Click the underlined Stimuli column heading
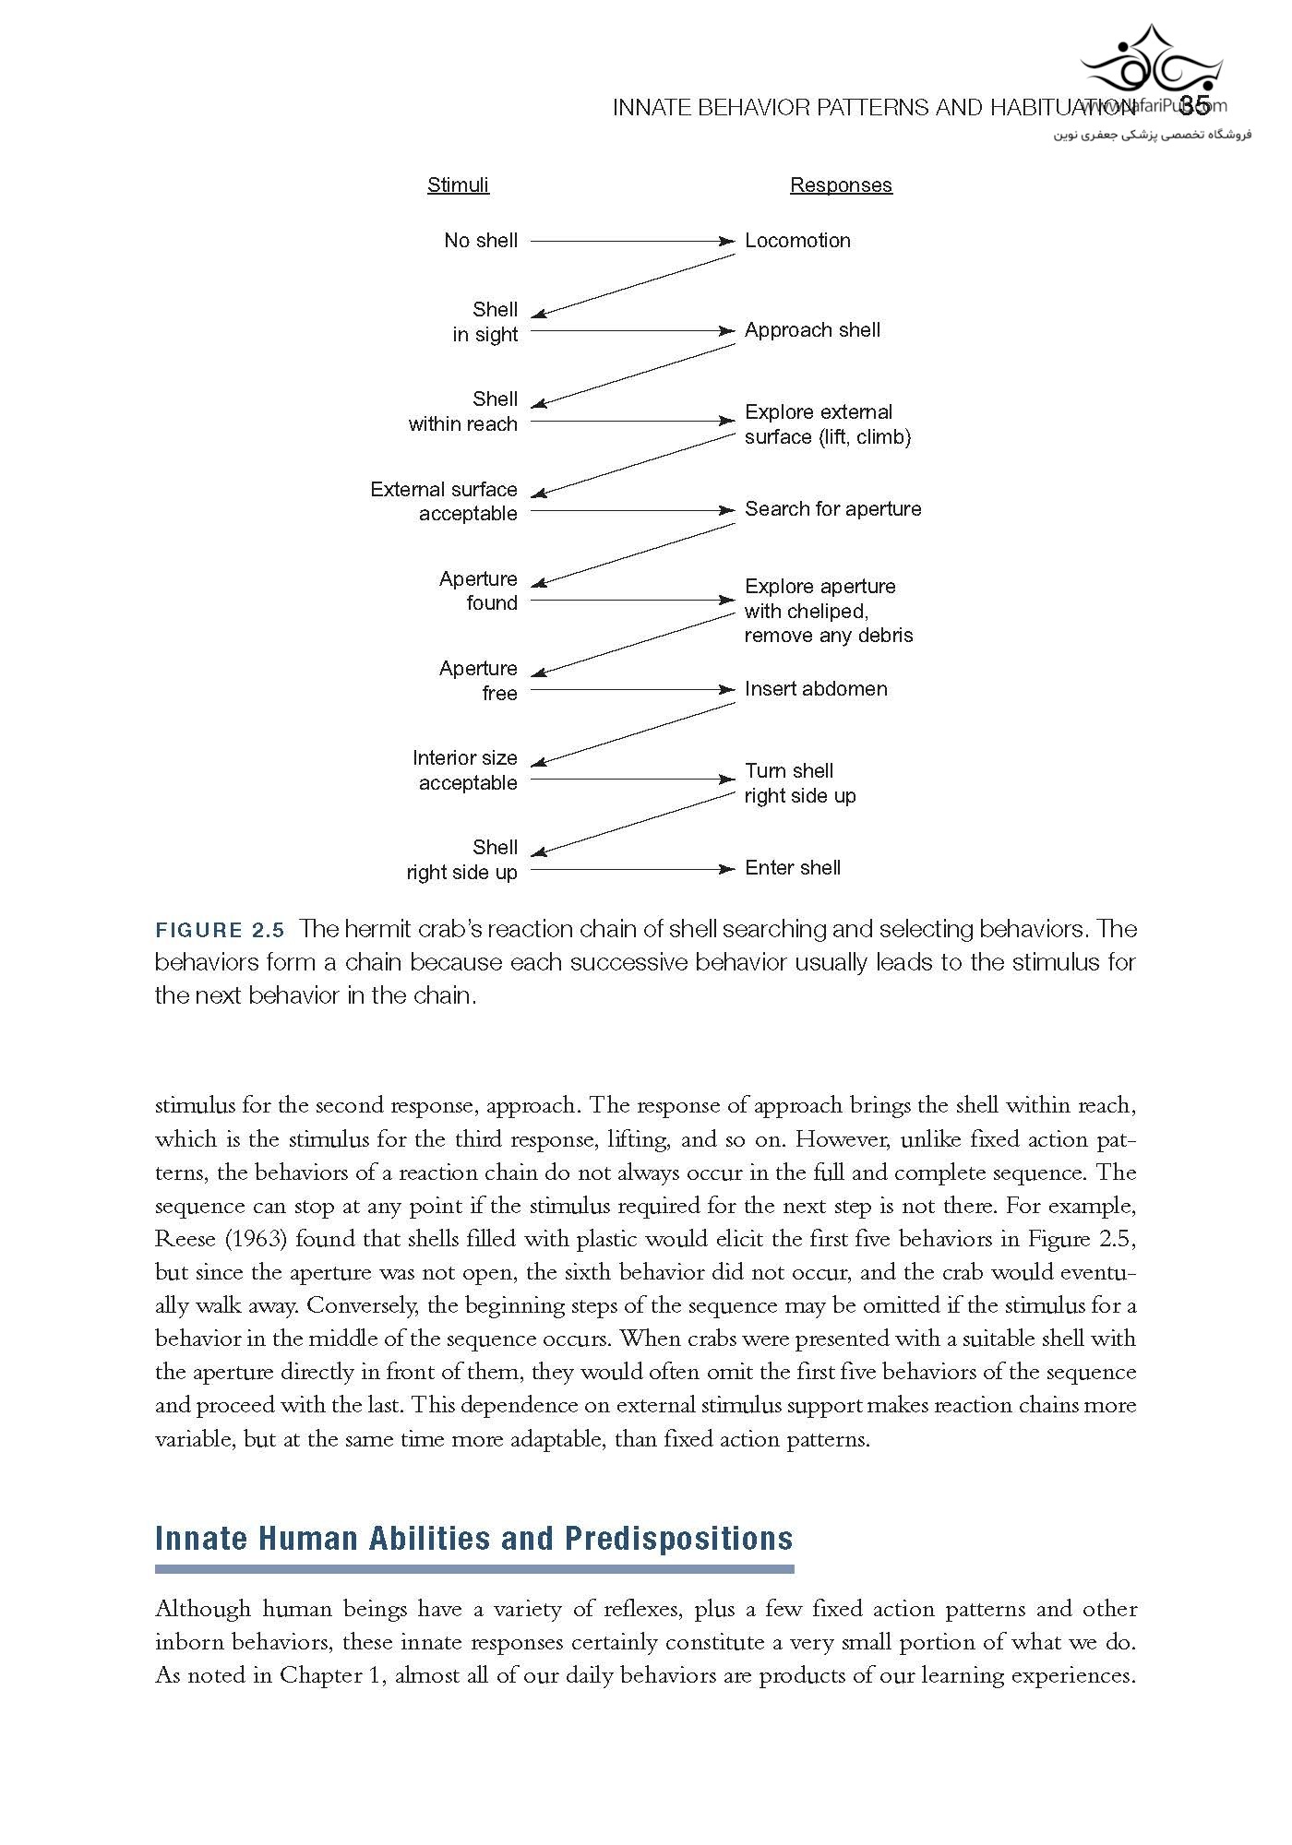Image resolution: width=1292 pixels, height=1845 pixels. tap(458, 184)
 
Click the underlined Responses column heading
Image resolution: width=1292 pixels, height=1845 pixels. tap(841, 184)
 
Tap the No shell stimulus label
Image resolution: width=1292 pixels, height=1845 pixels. tap(480, 241)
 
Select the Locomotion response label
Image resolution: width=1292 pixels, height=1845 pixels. tap(797, 241)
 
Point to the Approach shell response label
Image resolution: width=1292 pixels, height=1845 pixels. tap(812, 330)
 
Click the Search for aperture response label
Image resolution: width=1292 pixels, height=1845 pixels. tap(832, 509)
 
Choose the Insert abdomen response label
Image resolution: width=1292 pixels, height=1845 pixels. tap(816, 689)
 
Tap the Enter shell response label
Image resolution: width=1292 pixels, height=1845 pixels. tap(793, 868)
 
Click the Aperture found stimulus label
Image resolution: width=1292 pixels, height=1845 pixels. tap(478, 591)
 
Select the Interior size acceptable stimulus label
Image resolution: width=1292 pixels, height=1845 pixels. tap(465, 770)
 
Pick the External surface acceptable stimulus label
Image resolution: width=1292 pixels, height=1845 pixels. tap(444, 502)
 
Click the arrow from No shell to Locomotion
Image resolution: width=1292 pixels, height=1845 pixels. tap(632, 242)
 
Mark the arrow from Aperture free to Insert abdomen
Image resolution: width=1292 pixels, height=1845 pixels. tap(632, 690)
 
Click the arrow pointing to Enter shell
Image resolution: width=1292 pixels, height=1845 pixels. tap(632, 869)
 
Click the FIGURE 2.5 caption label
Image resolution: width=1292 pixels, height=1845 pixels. tap(220, 930)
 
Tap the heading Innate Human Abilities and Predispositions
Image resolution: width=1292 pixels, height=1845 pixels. tap(473, 1539)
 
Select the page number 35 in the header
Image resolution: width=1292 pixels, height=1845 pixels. tap(1195, 105)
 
